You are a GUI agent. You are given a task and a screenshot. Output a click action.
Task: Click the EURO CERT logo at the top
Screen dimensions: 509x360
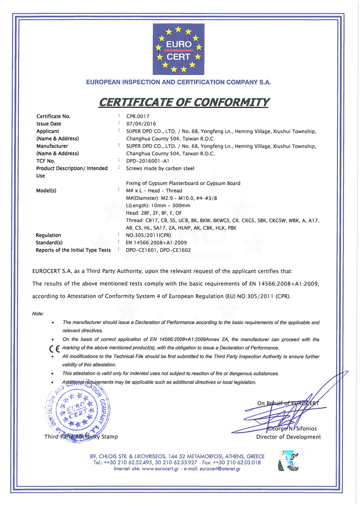point(178,49)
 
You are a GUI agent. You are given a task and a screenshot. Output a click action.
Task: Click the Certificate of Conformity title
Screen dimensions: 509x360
point(184,102)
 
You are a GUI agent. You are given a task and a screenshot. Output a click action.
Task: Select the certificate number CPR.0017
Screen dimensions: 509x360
point(138,116)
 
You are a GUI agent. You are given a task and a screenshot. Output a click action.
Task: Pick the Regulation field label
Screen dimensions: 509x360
point(48,235)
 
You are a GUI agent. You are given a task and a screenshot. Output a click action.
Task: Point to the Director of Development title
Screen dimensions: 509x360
point(288,437)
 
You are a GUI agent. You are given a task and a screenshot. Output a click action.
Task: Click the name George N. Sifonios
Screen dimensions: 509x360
point(292,429)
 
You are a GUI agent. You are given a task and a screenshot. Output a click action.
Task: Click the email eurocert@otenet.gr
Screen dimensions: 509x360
point(220,469)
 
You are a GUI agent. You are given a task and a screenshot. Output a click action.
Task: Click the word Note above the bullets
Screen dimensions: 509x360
point(38,314)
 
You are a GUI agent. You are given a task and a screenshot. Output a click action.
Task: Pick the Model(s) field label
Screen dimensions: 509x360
point(46,190)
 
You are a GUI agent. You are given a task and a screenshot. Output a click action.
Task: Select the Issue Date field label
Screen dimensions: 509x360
point(49,124)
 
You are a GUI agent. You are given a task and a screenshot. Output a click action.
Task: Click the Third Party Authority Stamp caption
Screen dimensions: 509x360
point(81,437)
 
